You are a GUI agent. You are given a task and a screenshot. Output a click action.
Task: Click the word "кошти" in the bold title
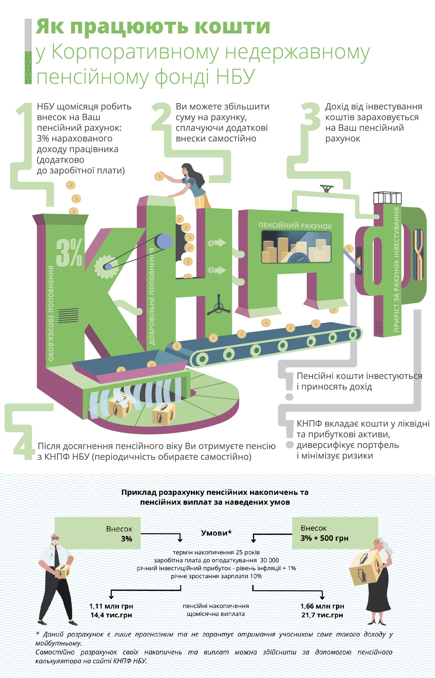coord(232,27)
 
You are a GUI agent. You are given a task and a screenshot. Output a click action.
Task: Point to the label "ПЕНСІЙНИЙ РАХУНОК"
coord(295,225)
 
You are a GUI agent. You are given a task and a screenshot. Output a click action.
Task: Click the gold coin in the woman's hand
coord(159,176)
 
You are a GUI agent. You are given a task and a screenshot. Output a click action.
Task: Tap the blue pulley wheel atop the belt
coord(164,241)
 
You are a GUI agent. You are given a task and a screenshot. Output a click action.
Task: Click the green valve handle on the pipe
coord(327,188)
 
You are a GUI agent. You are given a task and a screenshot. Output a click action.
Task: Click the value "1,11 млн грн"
coord(111,606)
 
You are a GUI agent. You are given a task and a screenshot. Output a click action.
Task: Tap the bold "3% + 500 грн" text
coord(324,538)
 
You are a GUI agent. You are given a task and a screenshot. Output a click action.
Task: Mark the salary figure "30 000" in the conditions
coord(269,560)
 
